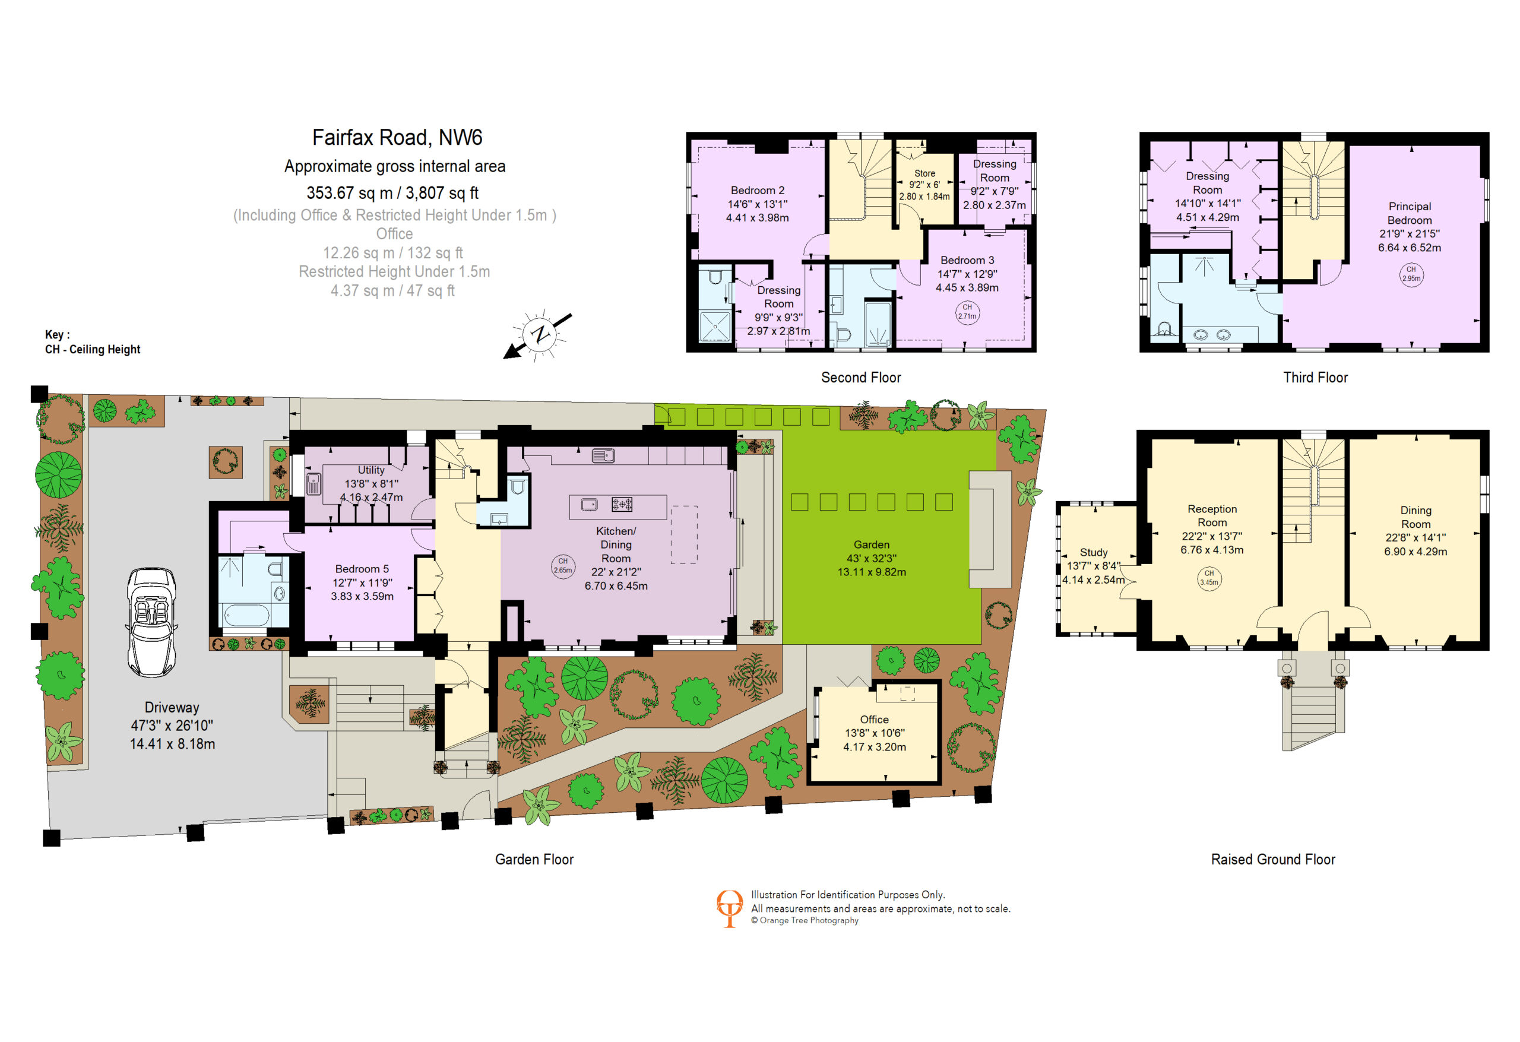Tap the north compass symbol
click(x=539, y=334)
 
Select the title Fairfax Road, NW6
click(x=397, y=137)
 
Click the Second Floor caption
click(x=861, y=378)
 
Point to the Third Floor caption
click(x=1315, y=378)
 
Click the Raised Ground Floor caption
click(x=1273, y=860)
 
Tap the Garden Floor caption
click(x=534, y=860)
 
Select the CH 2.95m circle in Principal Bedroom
click(x=1411, y=274)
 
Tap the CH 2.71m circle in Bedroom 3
click(x=967, y=312)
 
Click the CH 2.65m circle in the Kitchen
click(x=562, y=566)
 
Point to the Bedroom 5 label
click(x=362, y=569)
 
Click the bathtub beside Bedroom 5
click(x=246, y=616)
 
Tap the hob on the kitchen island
click(x=621, y=504)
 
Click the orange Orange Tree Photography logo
click(x=729, y=908)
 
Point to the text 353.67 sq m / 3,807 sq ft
click(x=392, y=193)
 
